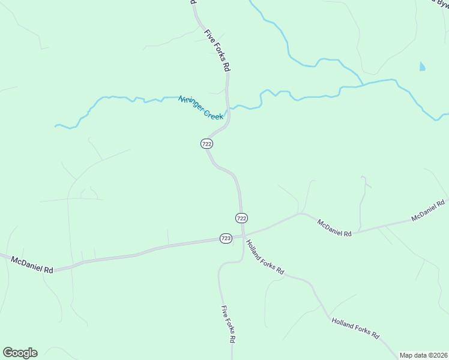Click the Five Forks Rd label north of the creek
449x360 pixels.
pos(217,51)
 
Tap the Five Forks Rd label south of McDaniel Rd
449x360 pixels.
pos(228,324)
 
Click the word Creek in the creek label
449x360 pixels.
pos(212,113)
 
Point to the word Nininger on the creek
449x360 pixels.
pos(190,103)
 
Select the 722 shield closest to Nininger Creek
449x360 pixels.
pos(206,144)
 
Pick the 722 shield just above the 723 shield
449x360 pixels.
pos(241,218)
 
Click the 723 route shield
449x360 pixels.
pos(226,238)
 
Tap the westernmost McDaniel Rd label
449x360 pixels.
pos(31,265)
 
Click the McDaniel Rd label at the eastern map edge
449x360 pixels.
pos(428,211)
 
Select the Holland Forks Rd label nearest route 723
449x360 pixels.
pos(265,256)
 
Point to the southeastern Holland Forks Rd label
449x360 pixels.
pos(356,328)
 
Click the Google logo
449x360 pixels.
pos(20,353)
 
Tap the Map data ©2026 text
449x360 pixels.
pos(423,355)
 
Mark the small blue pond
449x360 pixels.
pos(422,67)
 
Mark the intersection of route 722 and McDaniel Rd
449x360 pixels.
pos(243,236)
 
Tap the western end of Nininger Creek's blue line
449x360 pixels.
pos(56,126)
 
